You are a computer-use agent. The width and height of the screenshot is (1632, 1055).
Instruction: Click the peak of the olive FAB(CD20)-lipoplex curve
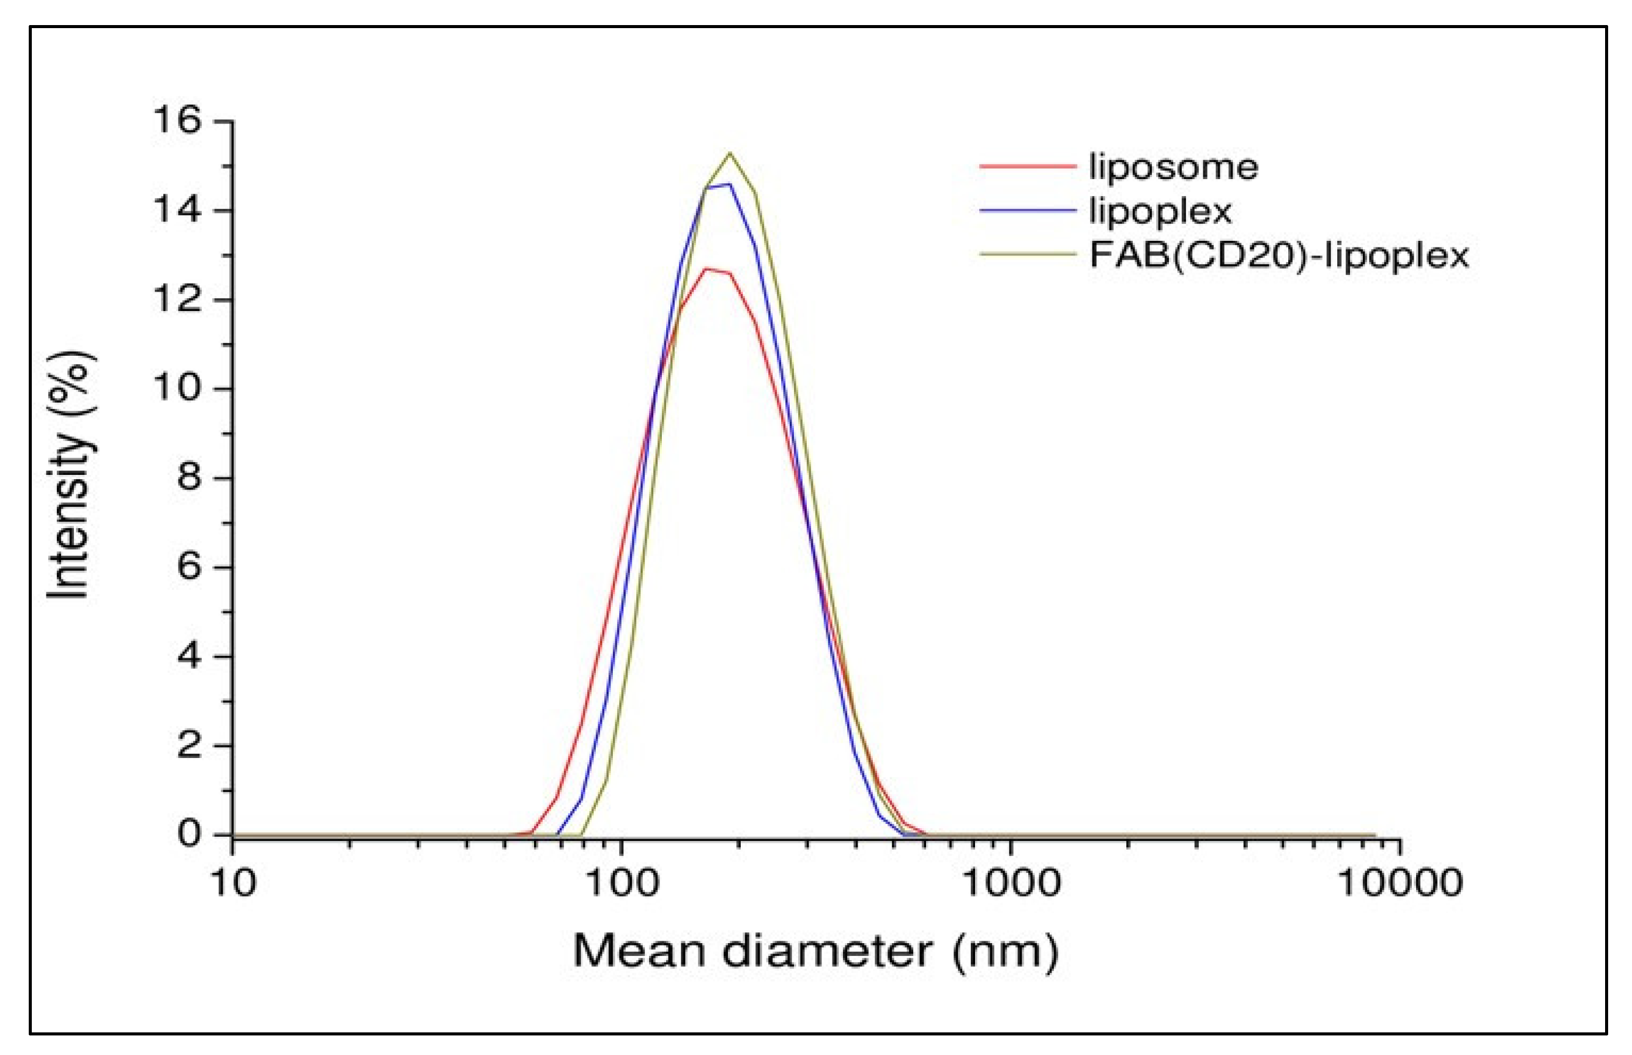730,153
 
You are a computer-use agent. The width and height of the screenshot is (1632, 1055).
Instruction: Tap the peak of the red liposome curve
707,268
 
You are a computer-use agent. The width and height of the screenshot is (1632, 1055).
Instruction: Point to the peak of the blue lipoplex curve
729,184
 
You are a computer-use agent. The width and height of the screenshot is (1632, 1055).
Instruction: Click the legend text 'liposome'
1173,167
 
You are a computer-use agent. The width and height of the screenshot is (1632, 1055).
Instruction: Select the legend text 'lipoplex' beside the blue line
1160,211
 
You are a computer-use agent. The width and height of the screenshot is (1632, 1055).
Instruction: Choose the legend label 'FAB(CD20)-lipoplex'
1279,255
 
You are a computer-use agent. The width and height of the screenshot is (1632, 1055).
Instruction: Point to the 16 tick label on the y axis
177,121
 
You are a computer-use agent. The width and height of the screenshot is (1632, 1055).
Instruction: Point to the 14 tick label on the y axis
177,210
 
